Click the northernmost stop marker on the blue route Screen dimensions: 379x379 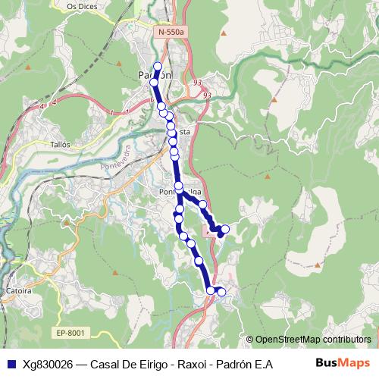click(x=158, y=66)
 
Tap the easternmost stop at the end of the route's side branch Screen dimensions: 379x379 click(x=225, y=230)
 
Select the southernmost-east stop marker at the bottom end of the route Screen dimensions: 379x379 click(x=222, y=291)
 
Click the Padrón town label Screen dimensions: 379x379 click(x=155, y=74)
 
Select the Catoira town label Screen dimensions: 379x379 click(x=17, y=290)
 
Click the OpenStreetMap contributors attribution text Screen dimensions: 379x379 click(x=313, y=339)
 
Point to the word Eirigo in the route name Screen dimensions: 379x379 click(x=157, y=364)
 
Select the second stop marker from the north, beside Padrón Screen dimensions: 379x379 click(x=155, y=82)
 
